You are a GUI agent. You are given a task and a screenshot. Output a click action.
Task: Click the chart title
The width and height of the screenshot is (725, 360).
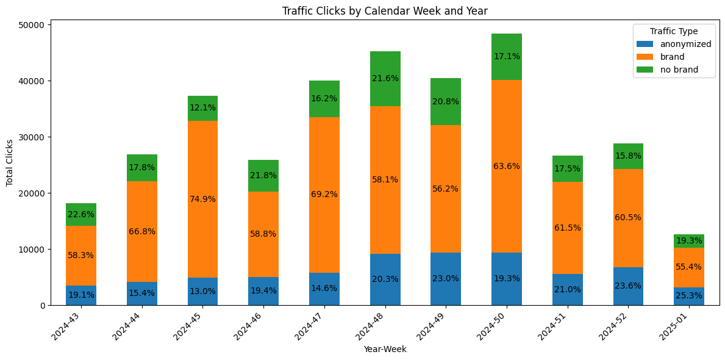385,10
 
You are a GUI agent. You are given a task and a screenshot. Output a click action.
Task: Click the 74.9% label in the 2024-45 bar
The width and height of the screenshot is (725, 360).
202,199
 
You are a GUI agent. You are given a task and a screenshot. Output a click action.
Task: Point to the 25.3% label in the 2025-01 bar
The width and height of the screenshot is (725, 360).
689,295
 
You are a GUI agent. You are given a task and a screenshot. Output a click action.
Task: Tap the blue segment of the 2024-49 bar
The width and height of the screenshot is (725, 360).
446,279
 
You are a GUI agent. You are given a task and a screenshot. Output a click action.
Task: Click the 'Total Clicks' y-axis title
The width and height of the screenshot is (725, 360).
10,163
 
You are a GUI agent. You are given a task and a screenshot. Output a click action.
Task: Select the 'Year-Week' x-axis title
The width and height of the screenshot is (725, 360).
385,350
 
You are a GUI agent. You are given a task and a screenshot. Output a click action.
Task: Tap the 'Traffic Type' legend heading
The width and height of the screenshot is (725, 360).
674,31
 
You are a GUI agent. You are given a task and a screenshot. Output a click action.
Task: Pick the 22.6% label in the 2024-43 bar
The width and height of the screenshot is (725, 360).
81,214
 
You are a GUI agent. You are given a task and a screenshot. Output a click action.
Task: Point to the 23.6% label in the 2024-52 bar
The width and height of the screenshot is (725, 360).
628,286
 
